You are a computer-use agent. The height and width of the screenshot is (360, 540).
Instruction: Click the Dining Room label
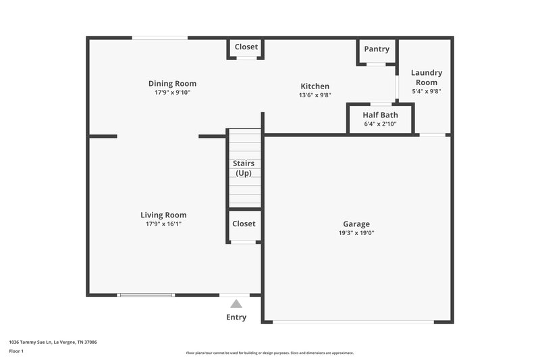[172, 84]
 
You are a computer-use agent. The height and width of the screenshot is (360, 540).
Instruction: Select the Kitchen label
[315, 86]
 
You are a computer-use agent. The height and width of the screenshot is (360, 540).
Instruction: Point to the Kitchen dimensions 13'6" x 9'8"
[315, 95]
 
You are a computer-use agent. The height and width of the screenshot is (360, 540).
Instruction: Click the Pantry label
[377, 49]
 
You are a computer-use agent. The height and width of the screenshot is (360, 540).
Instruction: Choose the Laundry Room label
[427, 77]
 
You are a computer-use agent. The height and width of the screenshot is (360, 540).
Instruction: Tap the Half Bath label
[380, 115]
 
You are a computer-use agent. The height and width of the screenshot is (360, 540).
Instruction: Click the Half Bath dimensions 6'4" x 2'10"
[380, 124]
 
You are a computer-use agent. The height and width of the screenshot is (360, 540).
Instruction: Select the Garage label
[356, 224]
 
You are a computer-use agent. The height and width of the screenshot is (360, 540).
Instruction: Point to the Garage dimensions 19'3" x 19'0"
[356, 233]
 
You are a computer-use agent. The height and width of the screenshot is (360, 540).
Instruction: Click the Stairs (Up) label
[244, 168]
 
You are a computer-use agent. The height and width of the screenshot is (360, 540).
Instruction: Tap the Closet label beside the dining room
[246, 47]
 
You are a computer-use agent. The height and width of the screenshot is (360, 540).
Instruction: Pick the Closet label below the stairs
[244, 224]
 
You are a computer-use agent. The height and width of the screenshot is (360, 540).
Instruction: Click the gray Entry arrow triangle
[236, 305]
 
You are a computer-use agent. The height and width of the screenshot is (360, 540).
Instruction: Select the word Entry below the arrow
[236, 317]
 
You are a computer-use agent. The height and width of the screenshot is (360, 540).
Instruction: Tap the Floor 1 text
[16, 352]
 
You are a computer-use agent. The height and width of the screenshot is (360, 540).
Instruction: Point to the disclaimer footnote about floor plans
[269, 353]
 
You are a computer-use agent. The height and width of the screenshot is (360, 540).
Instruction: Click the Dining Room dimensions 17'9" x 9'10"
[172, 93]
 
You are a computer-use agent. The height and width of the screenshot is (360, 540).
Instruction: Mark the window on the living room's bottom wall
[146, 295]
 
